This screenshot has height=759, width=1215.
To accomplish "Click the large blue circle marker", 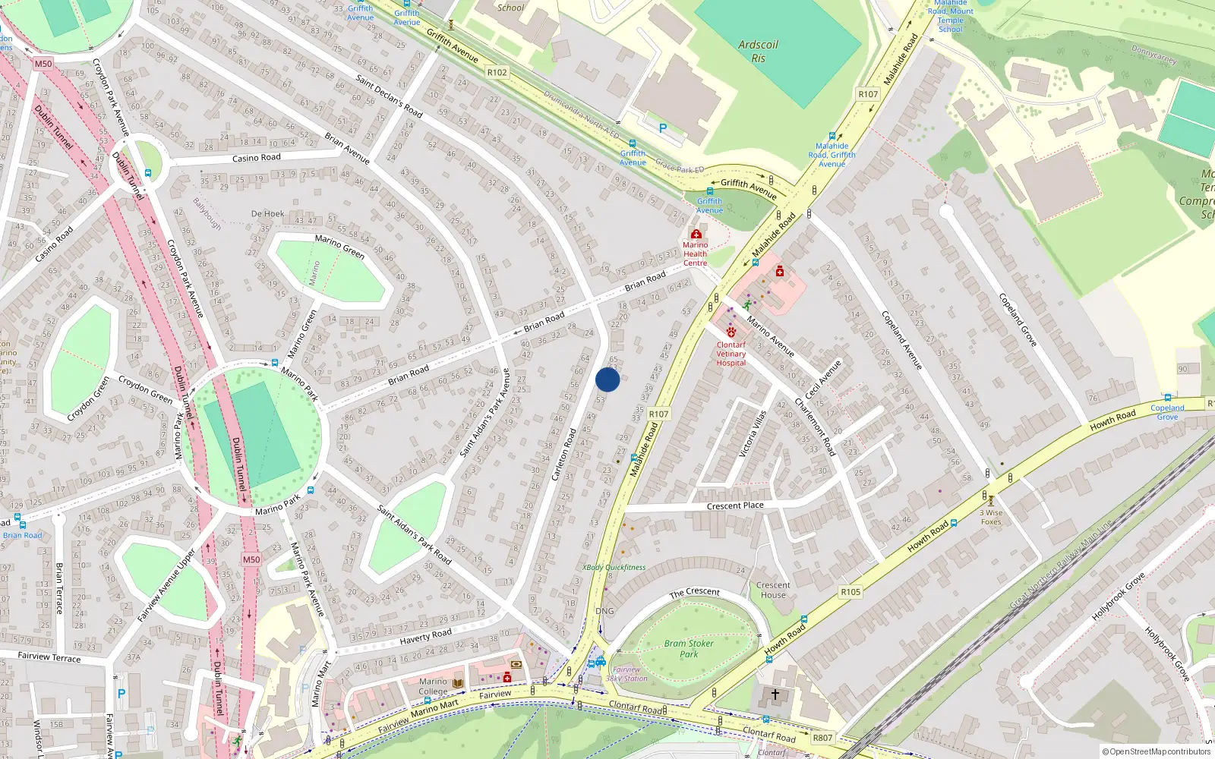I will coord(607,379).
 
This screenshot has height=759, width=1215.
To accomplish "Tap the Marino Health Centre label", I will coord(695,254).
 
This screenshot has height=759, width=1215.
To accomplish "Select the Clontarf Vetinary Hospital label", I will coord(731,354).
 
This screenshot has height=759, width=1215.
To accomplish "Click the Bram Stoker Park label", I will coord(689,648).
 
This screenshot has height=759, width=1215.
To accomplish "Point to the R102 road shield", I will coord(497,72).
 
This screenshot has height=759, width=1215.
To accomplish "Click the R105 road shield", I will coord(850,592).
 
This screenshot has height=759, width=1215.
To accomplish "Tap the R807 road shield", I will coord(822,737).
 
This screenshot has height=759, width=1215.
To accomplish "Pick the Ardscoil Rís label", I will coord(758,51).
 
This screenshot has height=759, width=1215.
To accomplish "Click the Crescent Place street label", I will coord(735,505).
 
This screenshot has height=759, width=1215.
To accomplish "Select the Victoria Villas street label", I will coord(753,433).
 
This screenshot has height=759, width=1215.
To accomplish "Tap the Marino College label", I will coord(433,686).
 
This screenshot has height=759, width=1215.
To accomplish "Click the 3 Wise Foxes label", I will coord(991,517).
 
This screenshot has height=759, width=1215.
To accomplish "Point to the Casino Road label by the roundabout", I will coord(256,158).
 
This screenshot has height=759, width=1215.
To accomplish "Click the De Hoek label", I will coord(267,214).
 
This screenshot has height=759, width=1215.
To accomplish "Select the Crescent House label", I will coord(773,590).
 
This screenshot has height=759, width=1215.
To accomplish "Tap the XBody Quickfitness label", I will coord(614,567).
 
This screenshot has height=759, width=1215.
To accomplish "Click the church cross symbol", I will coord(775,694).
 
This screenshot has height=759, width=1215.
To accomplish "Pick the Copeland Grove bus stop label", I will coord(1167,412).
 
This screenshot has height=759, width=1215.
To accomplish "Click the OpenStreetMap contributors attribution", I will coord(1157,751).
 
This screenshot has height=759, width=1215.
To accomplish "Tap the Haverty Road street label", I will coord(425,637).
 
